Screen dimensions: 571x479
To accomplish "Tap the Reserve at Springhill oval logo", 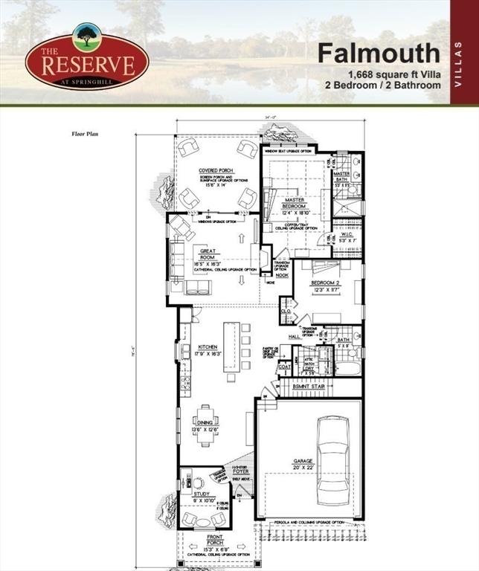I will [86, 59].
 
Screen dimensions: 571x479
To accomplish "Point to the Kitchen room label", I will [208, 348].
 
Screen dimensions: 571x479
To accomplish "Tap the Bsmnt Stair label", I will [306, 387].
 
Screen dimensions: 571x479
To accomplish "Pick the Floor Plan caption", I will [85, 135].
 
